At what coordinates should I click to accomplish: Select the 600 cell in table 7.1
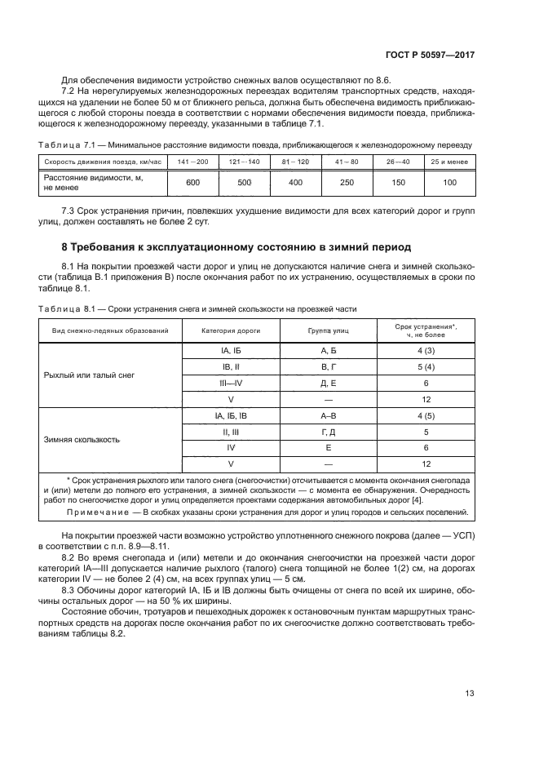[x=192, y=182]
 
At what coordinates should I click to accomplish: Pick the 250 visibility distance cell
[x=346, y=182]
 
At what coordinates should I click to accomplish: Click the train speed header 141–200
[x=192, y=162]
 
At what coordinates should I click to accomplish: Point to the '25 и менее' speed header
[x=449, y=162]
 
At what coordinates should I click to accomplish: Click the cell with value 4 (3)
[x=426, y=350]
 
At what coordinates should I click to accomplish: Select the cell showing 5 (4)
[x=426, y=366]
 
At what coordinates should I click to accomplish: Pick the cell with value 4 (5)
[x=426, y=415]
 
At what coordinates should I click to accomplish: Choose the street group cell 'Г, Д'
[x=329, y=432]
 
